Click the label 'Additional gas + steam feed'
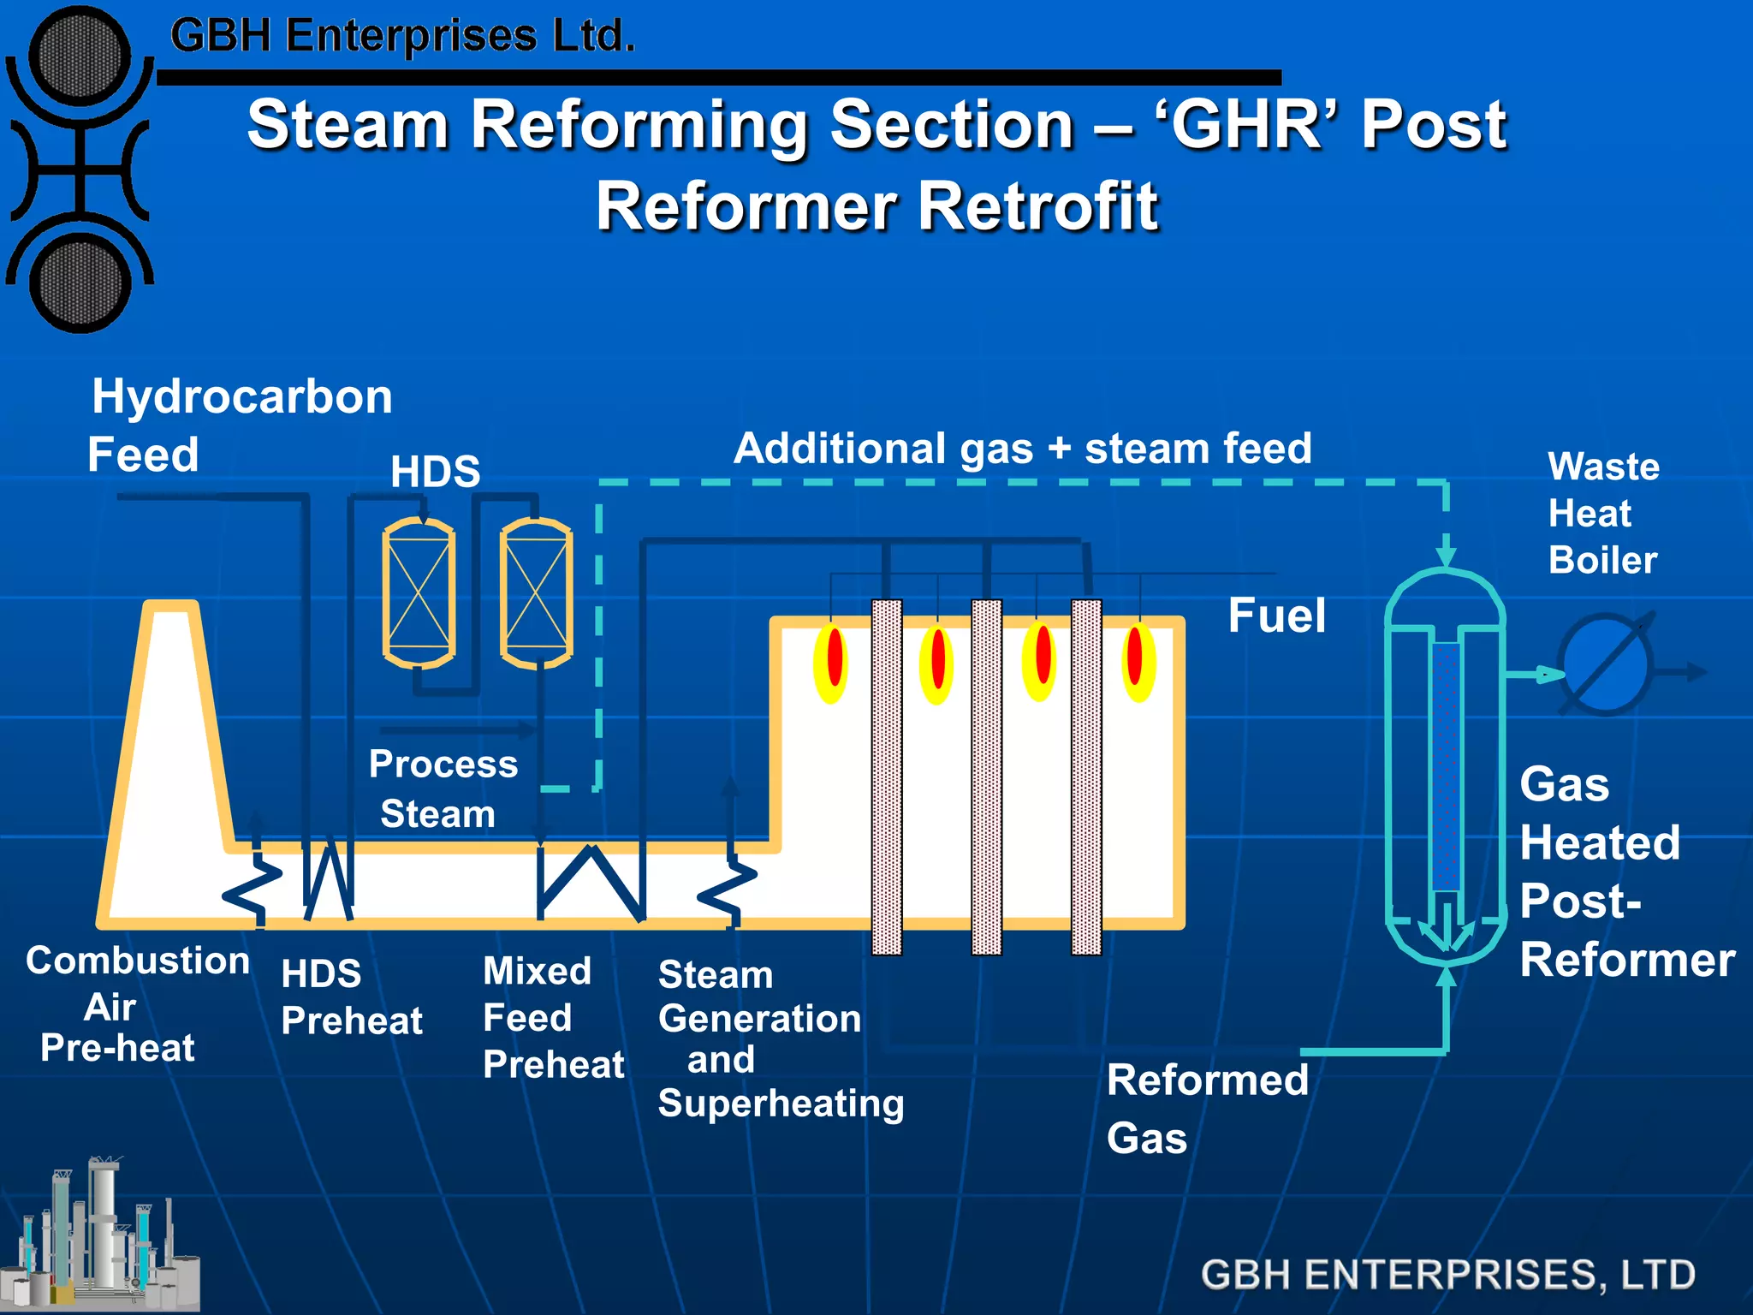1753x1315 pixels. click(x=1022, y=449)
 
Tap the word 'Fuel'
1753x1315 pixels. click(x=1276, y=616)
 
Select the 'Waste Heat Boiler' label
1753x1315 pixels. click(x=1603, y=514)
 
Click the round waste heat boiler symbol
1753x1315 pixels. click(x=1606, y=664)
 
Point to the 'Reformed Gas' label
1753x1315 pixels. click(x=1207, y=1108)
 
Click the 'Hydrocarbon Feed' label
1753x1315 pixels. click(x=240, y=425)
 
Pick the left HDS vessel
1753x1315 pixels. click(x=419, y=592)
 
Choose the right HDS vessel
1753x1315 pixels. click(x=537, y=592)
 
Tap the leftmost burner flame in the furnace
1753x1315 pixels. click(x=832, y=662)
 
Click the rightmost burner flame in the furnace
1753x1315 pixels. click(x=1138, y=662)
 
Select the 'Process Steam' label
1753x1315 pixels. click(x=443, y=788)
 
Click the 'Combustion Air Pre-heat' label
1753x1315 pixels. click(x=137, y=1004)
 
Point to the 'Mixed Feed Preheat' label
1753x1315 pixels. click(x=553, y=1018)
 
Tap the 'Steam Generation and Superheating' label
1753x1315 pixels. click(x=780, y=1038)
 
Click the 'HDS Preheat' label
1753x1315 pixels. click(x=351, y=997)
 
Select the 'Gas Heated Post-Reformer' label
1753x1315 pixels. click(x=1626, y=872)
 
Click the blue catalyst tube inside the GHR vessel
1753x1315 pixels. click(x=1446, y=766)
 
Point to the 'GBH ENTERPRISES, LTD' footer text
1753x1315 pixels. click(x=1447, y=1275)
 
